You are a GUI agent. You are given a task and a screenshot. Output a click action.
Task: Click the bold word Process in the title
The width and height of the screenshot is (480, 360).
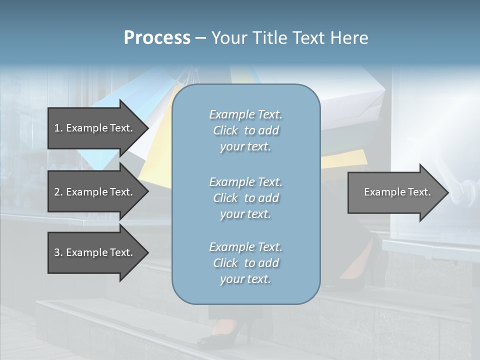click(x=157, y=38)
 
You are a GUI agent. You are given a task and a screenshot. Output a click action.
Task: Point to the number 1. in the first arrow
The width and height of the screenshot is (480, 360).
click(x=58, y=128)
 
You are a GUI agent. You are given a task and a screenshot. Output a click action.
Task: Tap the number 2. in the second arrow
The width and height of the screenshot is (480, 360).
click(x=58, y=192)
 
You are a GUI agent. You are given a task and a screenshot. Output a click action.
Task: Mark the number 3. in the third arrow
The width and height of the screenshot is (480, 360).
click(x=58, y=252)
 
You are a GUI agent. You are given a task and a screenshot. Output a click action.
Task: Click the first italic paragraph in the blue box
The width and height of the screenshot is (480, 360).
click(x=245, y=130)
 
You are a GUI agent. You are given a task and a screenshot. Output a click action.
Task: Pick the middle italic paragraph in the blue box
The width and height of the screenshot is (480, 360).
click(x=245, y=198)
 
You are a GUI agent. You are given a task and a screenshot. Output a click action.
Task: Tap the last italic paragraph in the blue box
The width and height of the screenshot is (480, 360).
click(x=245, y=263)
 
